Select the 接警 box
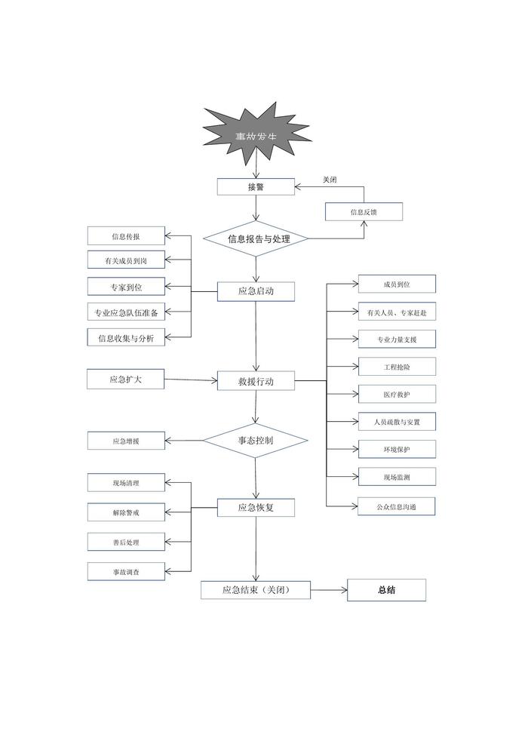256,186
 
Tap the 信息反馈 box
364,212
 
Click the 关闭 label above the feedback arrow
330,180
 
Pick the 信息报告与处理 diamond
256,239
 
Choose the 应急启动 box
256,291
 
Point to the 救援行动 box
256,382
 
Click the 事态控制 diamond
256,439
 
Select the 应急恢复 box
256,508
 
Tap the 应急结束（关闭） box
256,590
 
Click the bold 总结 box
386,590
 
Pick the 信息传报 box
125,236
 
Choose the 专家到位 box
125,287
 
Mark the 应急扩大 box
125,380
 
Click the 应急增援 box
125,441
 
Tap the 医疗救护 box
397,395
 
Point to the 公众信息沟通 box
397,507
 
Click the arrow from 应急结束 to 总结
328,590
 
